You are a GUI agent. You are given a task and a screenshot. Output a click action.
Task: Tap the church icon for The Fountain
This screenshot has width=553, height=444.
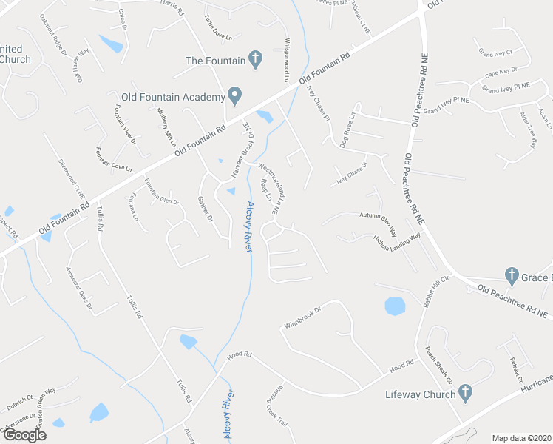point(255,58)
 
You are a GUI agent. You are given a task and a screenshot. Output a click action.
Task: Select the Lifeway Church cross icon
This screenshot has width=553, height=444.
point(465,393)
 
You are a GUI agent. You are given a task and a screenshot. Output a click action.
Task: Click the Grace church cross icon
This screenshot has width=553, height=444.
point(511,275)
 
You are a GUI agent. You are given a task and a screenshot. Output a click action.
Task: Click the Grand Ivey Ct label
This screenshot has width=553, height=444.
point(495,53)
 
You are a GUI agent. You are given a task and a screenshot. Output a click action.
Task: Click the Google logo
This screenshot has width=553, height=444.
point(24,436)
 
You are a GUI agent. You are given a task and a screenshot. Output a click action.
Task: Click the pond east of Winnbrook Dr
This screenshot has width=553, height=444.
point(396,305)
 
